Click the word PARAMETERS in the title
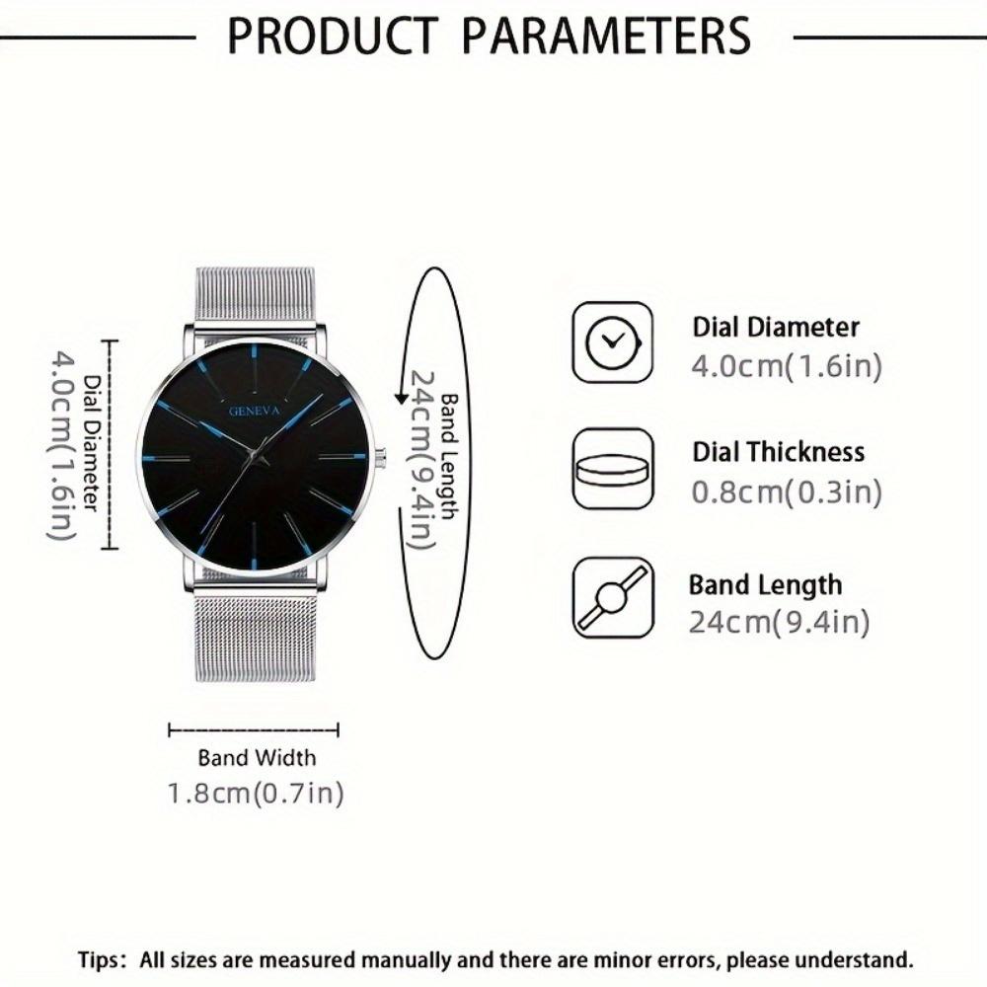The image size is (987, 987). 607,37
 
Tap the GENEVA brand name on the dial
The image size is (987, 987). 256,411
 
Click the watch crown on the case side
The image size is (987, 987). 379,456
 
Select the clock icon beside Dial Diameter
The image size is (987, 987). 613,342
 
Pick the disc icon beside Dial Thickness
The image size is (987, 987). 613,469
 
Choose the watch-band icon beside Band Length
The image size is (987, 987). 613,597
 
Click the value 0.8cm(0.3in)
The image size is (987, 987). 786,492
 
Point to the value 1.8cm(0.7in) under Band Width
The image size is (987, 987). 255,793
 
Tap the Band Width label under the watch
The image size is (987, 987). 257,758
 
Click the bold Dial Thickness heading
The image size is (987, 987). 778,453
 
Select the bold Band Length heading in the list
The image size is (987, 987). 766,584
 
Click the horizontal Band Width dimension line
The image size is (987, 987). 254,730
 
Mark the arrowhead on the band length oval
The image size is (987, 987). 402,397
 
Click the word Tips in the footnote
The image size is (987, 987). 102,958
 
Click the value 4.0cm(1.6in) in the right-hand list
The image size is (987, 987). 786,366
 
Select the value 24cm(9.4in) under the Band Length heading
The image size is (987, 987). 780,623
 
